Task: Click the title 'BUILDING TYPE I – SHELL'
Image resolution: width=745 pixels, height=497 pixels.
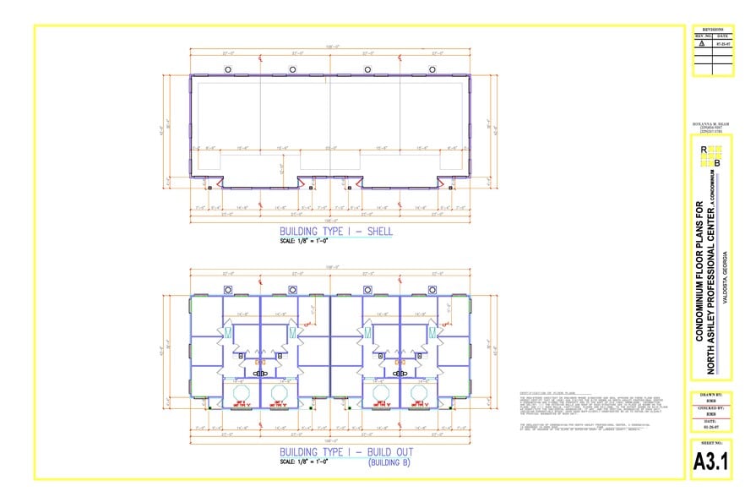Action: pyautogui.click(x=336, y=232)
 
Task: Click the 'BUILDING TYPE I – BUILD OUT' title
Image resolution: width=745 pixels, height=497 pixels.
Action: pyautogui.click(x=346, y=452)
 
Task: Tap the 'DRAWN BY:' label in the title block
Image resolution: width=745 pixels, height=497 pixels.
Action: pyautogui.click(x=710, y=396)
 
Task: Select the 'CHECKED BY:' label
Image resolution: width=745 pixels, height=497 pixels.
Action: pyautogui.click(x=710, y=407)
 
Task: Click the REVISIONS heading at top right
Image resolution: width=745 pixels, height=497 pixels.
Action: pyautogui.click(x=710, y=28)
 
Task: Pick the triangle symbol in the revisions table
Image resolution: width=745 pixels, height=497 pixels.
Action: pyautogui.click(x=699, y=43)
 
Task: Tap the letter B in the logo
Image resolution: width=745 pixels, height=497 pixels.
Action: pyautogui.click(x=717, y=162)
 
